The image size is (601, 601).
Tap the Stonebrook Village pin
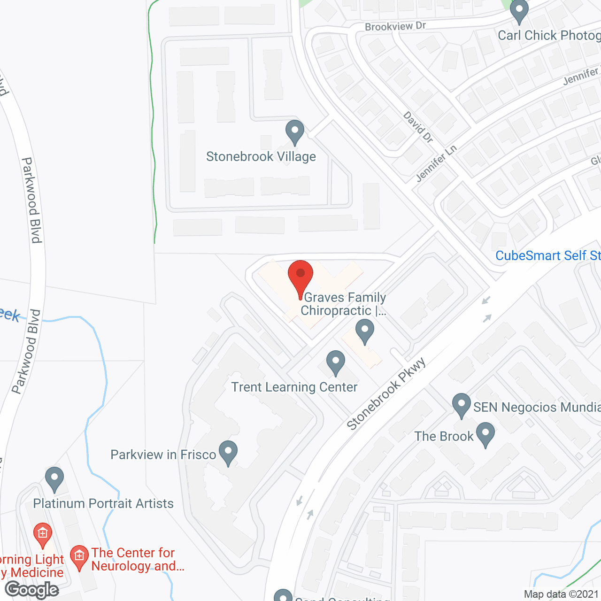[295, 131]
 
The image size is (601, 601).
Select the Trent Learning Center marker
[335, 362]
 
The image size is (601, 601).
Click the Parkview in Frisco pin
[228, 452]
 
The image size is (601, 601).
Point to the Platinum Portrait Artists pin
[54, 479]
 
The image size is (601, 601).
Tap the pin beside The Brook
[485, 433]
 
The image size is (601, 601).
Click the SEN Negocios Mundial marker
[462, 404]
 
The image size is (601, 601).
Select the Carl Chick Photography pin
[519, 11]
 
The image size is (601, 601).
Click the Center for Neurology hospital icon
[79, 557]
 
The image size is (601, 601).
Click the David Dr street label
[418, 127]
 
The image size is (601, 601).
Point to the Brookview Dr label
[395, 26]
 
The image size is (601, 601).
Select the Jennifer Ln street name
[436, 163]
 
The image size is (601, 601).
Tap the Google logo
[32, 589]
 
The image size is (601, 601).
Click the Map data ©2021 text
[561, 594]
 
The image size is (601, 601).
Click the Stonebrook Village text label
[261, 156]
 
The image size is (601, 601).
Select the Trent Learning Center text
[294, 387]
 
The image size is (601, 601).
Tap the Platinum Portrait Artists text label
[103, 503]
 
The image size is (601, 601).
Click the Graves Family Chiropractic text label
[344, 304]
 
